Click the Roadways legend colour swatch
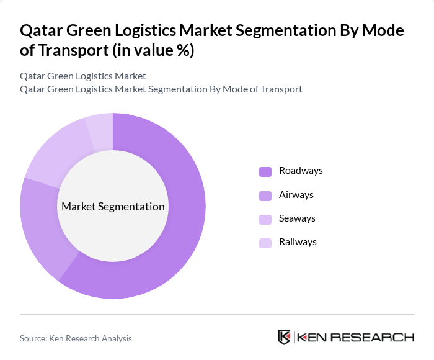point(265,171)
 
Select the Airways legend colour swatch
point(265,196)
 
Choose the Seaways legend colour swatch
point(265,219)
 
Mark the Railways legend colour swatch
point(265,243)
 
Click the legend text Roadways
point(301,171)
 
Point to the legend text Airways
point(296,195)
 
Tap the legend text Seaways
point(297,218)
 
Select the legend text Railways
point(298,242)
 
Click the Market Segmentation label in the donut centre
point(113,207)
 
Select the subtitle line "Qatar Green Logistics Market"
point(83,76)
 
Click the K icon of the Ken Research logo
point(284,337)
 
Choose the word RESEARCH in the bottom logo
point(376,338)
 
